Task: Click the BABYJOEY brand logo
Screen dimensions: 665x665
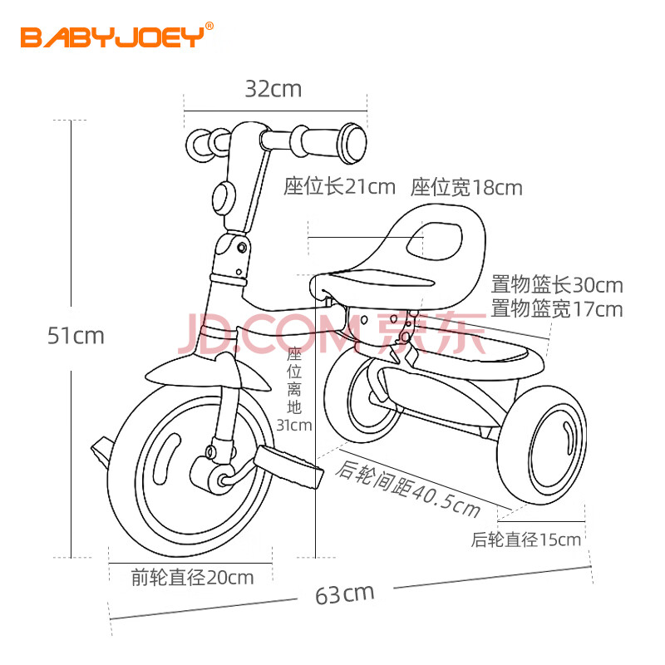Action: click(x=112, y=37)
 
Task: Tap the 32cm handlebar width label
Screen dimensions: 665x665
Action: click(x=273, y=89)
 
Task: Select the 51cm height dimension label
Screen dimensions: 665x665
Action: click(x=76, y=336)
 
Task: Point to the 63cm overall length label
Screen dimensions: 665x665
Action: click(x=344, y=594)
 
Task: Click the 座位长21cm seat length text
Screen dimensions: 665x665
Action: click(x=340, y=186)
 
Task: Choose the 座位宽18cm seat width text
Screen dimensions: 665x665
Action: click(x=466, y=188)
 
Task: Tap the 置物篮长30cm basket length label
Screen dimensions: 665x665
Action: click(x=557, y=284)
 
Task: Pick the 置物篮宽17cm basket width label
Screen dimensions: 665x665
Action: click(x=557, y=308)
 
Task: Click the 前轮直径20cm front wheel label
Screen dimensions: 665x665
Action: click(x=192, y=577)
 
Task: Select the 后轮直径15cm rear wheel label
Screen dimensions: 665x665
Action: click(x=526, y=539)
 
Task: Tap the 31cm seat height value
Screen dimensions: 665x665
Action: click(x=294, y=425)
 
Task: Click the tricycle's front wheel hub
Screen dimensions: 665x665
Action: click(x=221, y=480)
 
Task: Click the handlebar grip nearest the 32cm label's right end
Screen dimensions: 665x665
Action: click(x=351, y=143)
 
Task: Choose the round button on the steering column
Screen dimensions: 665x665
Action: click(x=224, y=197)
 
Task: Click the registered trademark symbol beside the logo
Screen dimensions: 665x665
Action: click(x=209, y=27)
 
